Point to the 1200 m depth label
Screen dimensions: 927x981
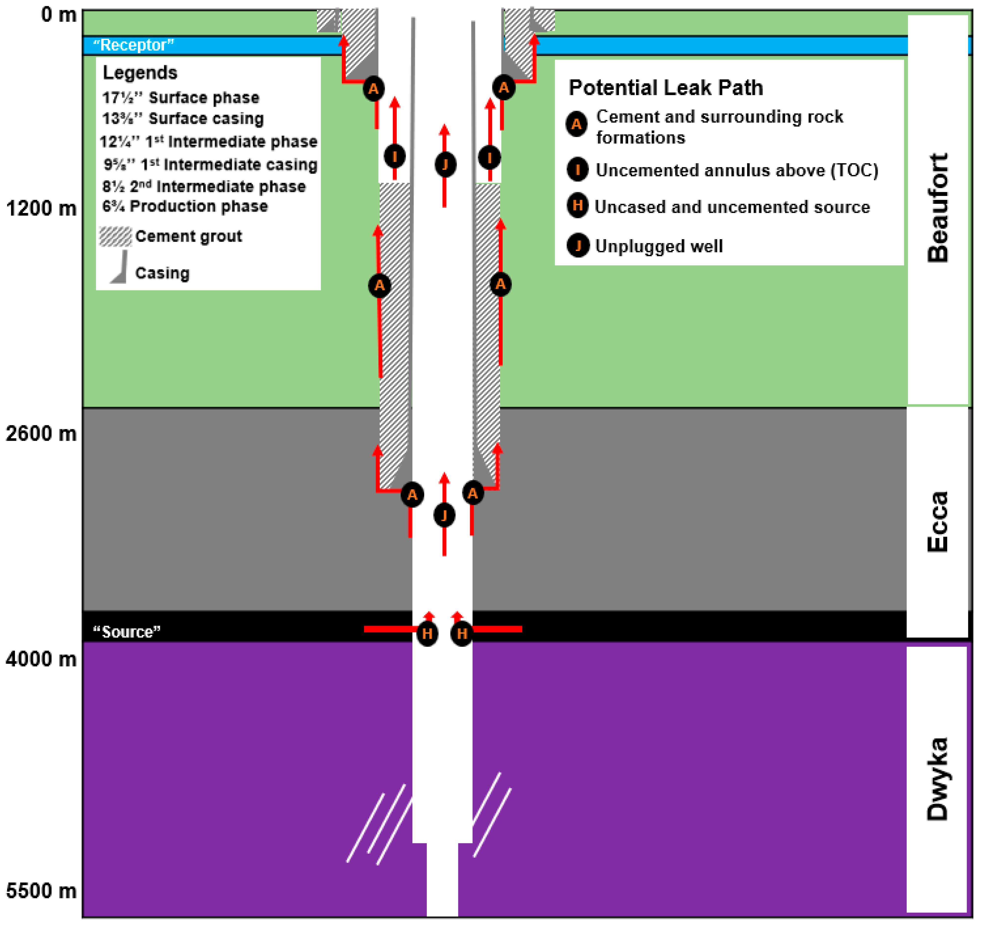41,209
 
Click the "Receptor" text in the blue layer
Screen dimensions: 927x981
133,45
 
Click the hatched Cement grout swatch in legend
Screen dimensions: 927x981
115,237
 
